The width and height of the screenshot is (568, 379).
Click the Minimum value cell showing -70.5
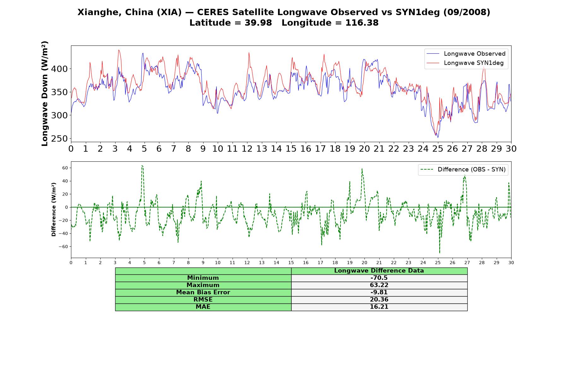coord(379,278)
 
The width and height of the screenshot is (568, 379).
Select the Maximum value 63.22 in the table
coord(379,285)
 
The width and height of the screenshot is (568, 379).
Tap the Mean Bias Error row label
coord(203,292)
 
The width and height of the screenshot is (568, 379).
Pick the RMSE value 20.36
coord(379,300)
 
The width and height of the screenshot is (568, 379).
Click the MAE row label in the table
coord(203,307)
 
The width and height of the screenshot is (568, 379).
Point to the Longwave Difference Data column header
coord(379,271)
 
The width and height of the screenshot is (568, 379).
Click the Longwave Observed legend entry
coord(466,54)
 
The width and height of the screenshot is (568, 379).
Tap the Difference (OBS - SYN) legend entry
coord(463,170)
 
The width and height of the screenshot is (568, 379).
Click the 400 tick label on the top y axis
coord(59,69)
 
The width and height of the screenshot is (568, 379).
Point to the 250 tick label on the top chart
coord(59,139)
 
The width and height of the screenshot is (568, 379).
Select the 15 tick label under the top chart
coord(291,149)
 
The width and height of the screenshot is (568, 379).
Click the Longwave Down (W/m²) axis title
coord(45,93)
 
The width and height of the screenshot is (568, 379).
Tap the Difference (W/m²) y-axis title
coord(54,209)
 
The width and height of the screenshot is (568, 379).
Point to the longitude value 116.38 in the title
coord(362,23)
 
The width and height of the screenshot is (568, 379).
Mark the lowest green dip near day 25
coord(440,253)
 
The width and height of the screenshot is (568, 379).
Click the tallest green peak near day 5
coord(142,165)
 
